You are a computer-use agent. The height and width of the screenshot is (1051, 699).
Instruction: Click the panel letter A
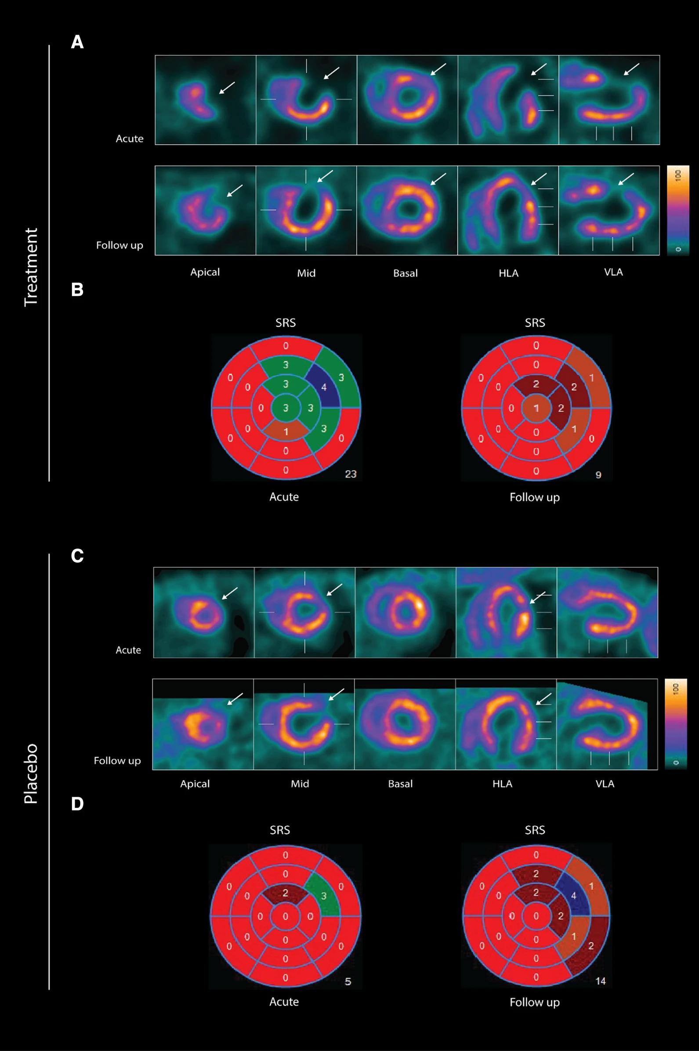click(77, 42)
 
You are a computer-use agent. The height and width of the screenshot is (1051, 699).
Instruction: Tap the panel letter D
click(77, 803)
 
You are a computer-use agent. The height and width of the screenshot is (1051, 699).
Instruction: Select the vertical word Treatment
click(31, 267)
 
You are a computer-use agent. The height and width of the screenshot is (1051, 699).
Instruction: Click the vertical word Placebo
click(31, 774)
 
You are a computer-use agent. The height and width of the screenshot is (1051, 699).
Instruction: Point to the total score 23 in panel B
click(351, 474)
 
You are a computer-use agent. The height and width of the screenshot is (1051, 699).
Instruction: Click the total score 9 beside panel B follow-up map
click(598, 474)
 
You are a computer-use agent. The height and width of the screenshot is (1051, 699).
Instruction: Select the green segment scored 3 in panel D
click(324, 895)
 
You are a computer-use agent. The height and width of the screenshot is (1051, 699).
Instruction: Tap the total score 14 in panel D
click(600, 981)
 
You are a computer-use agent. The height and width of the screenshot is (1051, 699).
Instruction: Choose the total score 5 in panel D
click(348, 982)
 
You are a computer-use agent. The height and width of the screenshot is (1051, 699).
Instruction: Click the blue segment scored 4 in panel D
click(573, 895)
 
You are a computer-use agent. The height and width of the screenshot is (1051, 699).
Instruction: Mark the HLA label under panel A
click(508, 273)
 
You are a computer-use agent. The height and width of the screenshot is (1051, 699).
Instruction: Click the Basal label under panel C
click(400, 784)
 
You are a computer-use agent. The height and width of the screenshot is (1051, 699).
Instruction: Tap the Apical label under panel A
click(205, 272)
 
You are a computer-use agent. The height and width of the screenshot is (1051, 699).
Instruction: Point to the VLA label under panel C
click(605, 784)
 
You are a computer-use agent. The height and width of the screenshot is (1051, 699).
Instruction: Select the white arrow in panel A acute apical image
click(227, 88)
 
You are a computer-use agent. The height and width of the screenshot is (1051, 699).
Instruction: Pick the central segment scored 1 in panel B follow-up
click(536, 408)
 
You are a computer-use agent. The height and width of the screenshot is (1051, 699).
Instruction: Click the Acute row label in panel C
click(128, 650)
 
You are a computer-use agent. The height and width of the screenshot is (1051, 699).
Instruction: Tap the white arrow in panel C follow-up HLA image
click(543, 699)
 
